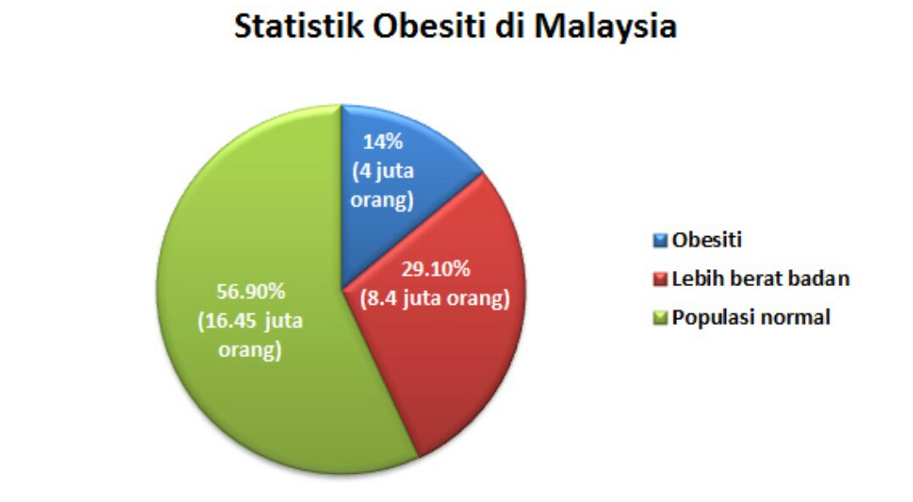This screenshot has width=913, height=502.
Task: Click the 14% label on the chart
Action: [382, 141]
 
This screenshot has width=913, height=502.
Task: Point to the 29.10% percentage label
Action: [435, 269]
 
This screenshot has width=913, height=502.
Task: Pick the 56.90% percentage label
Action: [250, 291]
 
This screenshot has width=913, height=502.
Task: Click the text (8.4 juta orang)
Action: [434, 298]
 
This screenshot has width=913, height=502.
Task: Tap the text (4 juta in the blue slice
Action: [382, 171]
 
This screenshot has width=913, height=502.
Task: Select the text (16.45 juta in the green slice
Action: [250, 321]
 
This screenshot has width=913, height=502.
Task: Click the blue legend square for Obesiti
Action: [660, 240]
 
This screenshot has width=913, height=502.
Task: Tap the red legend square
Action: [660, 279]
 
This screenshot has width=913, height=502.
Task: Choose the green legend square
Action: [660, 318]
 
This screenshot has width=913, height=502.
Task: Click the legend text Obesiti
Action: [707, 240]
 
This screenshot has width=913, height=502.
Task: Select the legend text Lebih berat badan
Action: [761, 279]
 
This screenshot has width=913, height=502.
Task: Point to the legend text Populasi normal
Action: [751, 317]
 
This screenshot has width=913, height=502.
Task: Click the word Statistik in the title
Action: [299, 25]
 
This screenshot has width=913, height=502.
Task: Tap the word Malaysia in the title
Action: [606, 27]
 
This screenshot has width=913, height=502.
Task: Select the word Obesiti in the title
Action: [429, 25]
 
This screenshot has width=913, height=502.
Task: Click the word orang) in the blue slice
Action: [382, 200]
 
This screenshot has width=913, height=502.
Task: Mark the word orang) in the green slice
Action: [250, 350]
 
